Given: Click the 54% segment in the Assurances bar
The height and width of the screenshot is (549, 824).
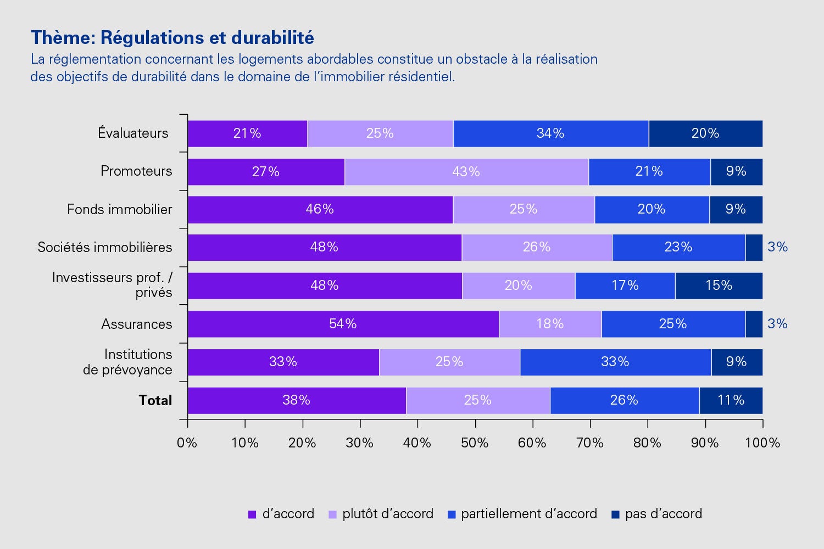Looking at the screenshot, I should tap(343, 324).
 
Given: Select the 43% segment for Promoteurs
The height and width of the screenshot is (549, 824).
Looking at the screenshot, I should tap(466, 172).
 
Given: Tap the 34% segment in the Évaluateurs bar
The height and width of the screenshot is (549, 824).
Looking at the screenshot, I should tap(550, 133).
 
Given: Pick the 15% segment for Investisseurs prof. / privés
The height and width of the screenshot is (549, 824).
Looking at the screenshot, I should tap(719, 285).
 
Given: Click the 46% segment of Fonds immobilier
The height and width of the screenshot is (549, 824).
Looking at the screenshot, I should tap(320, 209).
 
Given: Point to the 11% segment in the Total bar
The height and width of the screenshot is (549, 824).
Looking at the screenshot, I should tap(731, 400).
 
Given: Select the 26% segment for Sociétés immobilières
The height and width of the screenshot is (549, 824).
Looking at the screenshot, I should tap(537, 247).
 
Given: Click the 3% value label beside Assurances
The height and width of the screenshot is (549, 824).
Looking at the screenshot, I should tap(777, 324).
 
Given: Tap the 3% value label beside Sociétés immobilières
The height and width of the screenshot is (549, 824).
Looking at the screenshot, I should tap(777, 247).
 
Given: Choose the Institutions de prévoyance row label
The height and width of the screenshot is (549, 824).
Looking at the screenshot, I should tap(127, 362).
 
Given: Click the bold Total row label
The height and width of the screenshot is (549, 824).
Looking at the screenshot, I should tap(155, 400).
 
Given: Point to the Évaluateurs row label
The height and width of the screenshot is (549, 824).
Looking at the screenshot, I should tap(133, 133).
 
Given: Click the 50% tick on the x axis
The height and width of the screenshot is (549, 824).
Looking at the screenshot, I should tap(475, 442).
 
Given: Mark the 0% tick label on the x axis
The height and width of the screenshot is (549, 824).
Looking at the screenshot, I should tap(187, 442).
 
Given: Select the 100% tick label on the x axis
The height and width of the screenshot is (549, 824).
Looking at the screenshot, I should tap(762, 442).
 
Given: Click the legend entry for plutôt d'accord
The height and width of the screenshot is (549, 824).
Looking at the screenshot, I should tap(387, 514).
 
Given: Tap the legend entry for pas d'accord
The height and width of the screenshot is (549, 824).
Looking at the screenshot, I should tap(663, 514).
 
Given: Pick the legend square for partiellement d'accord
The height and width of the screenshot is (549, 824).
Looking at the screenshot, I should tap(452, 514).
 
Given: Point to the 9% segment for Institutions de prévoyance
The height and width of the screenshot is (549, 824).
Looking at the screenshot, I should tap(736, 362).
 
